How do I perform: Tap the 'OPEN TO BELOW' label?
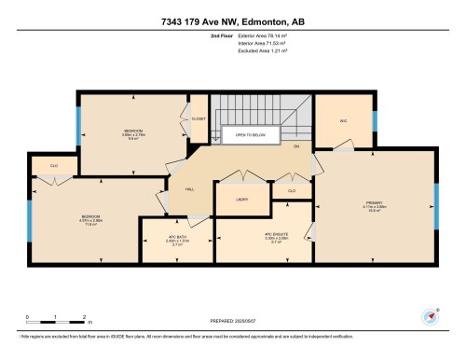coord(254,135)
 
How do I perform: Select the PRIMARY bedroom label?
coord(376,205)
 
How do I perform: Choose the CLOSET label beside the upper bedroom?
coord(199,119)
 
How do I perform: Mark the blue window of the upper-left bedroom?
coord(78,120)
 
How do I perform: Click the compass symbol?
coord(431,315)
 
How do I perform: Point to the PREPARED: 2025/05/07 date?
coord(233,318)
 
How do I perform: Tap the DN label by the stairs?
coord(296,147)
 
